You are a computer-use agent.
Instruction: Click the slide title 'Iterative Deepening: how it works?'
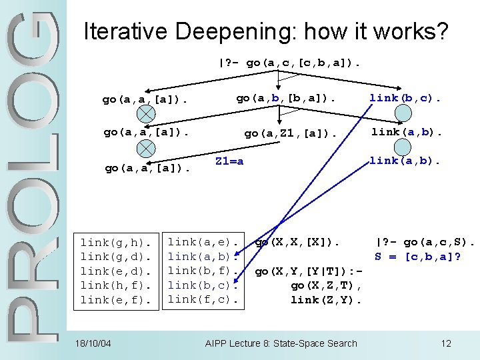point(265,31)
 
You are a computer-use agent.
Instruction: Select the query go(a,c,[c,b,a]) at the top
point(290,63)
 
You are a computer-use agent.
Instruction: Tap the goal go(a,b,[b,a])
point(285,98)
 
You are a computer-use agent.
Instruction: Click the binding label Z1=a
point(229,161)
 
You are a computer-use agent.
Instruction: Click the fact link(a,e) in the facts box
point(203,242)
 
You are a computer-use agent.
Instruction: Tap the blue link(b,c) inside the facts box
point(203,285)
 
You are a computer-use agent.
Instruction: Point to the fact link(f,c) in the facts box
point(203,299)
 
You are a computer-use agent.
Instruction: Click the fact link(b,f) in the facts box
point(203,271)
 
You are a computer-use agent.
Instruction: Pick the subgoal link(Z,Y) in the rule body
point(326,300)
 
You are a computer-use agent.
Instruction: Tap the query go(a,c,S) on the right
point(425,242)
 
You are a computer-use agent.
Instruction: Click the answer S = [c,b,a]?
point(418,257)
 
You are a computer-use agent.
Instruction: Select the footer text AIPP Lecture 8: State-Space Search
point(281,343)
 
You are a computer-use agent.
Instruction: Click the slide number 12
point(446,343)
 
